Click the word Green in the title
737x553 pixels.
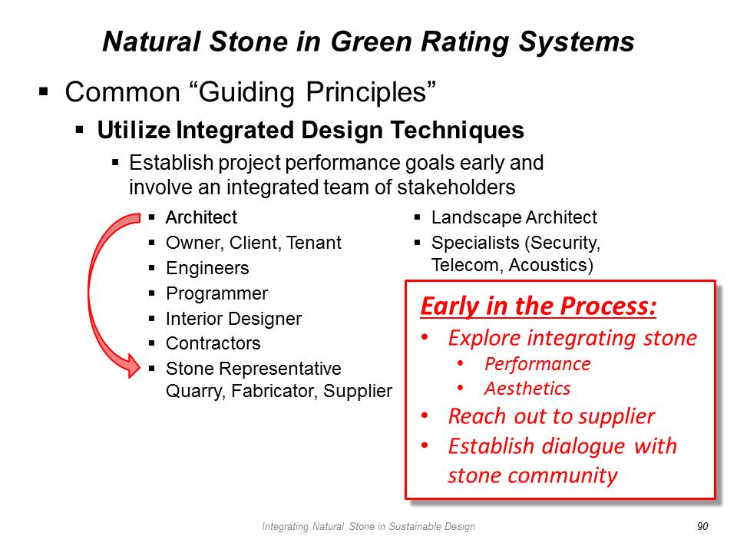tap(372, 41)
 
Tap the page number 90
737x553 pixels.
tap(702, 526)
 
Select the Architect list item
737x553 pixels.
tap(201, 217)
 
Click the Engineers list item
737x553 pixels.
tap(207, 268)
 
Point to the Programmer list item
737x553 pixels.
tap(216, 293)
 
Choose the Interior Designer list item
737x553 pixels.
tap(233, 319)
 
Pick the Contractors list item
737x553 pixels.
tap(213, 343)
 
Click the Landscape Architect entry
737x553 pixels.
tap(514, 217)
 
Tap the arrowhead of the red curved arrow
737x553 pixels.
tap(133, 366)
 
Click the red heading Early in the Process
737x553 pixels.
tap(538, 306)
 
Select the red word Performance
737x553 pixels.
tap(537, 364)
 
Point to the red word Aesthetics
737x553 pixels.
tap(527, 389)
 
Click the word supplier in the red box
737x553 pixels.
tap(616, 416)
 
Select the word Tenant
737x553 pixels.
tap(313, 243)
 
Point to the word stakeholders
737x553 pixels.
tap(456, 187)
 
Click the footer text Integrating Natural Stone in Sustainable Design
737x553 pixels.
tap(368, 526)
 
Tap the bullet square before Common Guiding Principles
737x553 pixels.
tap(44, 91)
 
